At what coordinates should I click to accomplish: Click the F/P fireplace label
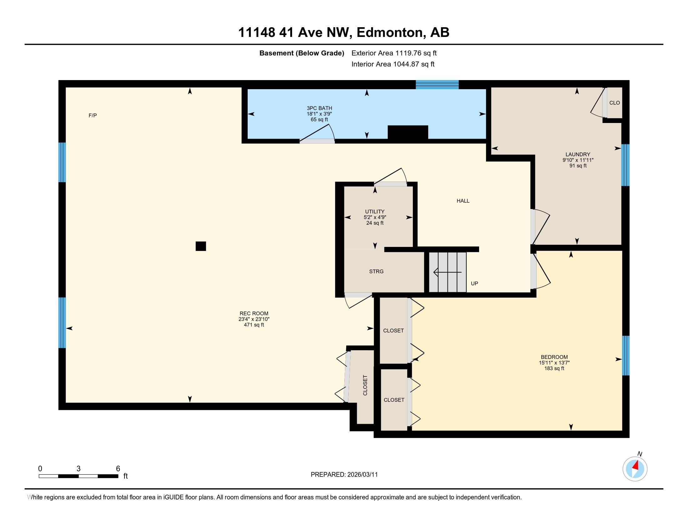tap(93, 115)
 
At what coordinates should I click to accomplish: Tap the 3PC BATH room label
tap(319, 108)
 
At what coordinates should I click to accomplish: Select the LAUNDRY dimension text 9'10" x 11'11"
tap(578, 160)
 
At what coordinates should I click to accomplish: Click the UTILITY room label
tap(375, 212)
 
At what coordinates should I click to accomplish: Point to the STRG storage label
tap(376, 271)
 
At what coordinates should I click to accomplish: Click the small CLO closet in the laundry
tap(614, 103)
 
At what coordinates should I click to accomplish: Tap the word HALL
tap(463, 201)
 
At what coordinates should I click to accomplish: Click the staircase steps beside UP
tap(448, 272)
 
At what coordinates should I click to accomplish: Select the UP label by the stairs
tap(474, 283)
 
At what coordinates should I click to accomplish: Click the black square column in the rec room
tap(201, 246)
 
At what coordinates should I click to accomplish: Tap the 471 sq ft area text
tap(254, 325)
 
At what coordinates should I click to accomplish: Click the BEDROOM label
tap(554, 357)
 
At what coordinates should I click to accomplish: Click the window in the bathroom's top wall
tap(437, 84)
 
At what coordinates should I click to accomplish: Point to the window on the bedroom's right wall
tap(626, 356)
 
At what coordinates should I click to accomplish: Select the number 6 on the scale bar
tap(118, 469)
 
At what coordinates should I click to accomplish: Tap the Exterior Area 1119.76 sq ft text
tap(394, 53)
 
